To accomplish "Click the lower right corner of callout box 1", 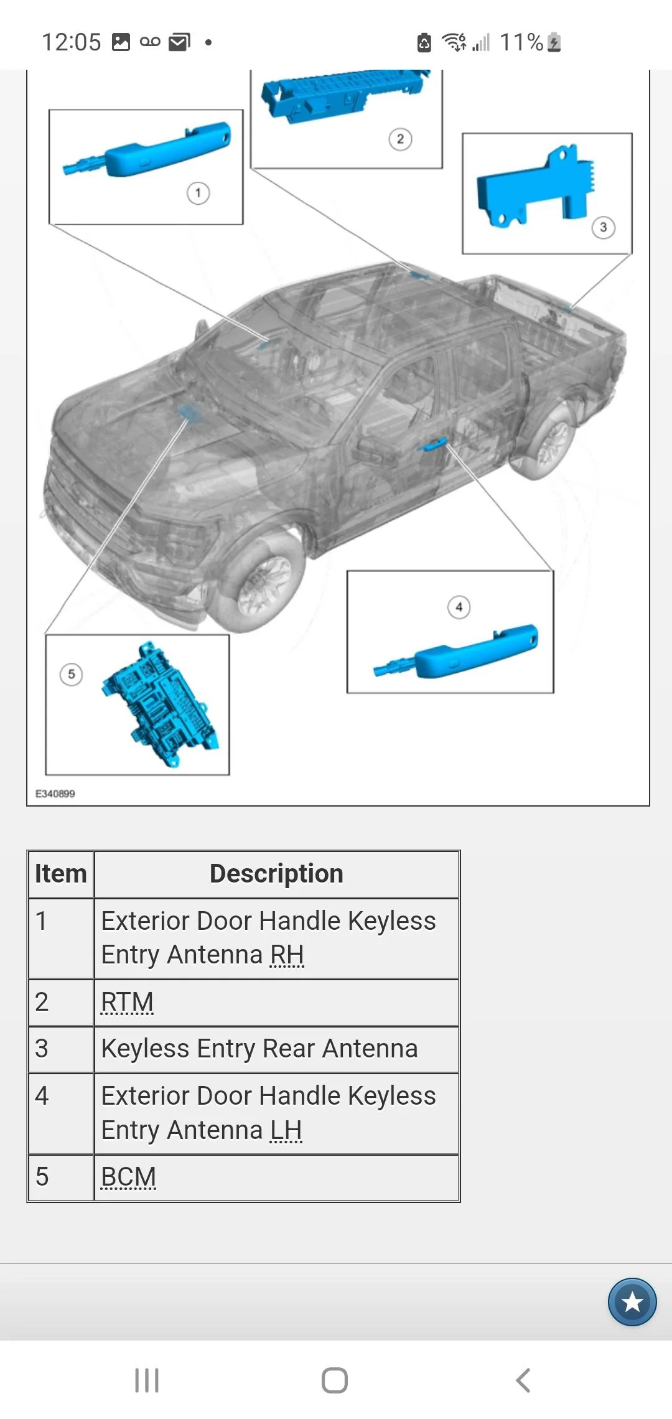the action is [243, 224].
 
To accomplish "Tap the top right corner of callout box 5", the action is [229, 635].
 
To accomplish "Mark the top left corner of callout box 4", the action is [347, 571].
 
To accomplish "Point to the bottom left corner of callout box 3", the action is [462, 254].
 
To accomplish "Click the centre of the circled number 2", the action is [400, 139].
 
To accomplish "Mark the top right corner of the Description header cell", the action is [459, 851].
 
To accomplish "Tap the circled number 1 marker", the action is [198, 193].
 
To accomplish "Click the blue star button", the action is [632, 1302].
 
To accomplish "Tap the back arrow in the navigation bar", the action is [523, 1380].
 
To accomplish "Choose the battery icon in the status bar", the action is [554, 42].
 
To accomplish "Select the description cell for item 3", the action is [276, 1049].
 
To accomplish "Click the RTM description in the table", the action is [128, 1002].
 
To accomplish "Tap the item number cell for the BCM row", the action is [61, 1178].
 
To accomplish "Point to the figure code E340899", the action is [55, 794].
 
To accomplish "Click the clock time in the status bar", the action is [71, 42].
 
